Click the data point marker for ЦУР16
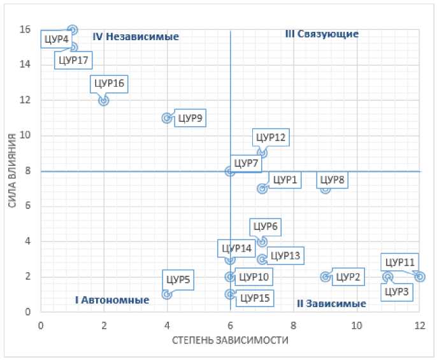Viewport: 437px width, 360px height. tap(103, 100)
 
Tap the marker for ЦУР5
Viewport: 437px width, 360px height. tap(167, 294)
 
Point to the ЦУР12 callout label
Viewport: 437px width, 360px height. tap(271, 136)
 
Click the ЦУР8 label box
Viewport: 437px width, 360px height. tap(332, 180)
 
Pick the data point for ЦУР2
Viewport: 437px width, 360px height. tap(325, 277)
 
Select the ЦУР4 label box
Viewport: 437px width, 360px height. tap(55, 40)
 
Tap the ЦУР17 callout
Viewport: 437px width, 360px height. tap(73, 61)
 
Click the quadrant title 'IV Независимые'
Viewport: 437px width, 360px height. tap(136, 37)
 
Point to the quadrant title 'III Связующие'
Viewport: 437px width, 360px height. tap(322, 34)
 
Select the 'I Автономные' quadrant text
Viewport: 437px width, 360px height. tap(112, 299)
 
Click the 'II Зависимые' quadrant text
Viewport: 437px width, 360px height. tap(331, 303)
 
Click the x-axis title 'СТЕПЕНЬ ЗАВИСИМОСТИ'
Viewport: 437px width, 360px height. tap(230, 340)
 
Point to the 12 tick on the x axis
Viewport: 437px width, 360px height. tap(419, 324)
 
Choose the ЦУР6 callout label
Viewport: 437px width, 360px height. tap(265, 226)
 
